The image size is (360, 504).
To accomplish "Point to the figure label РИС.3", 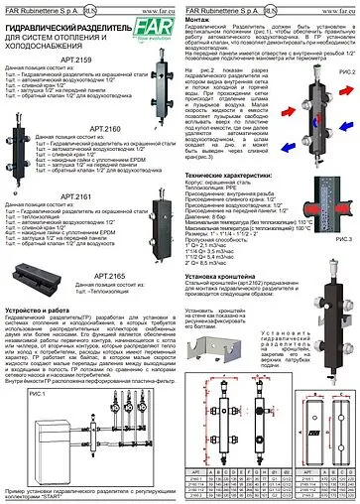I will [345, 240].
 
